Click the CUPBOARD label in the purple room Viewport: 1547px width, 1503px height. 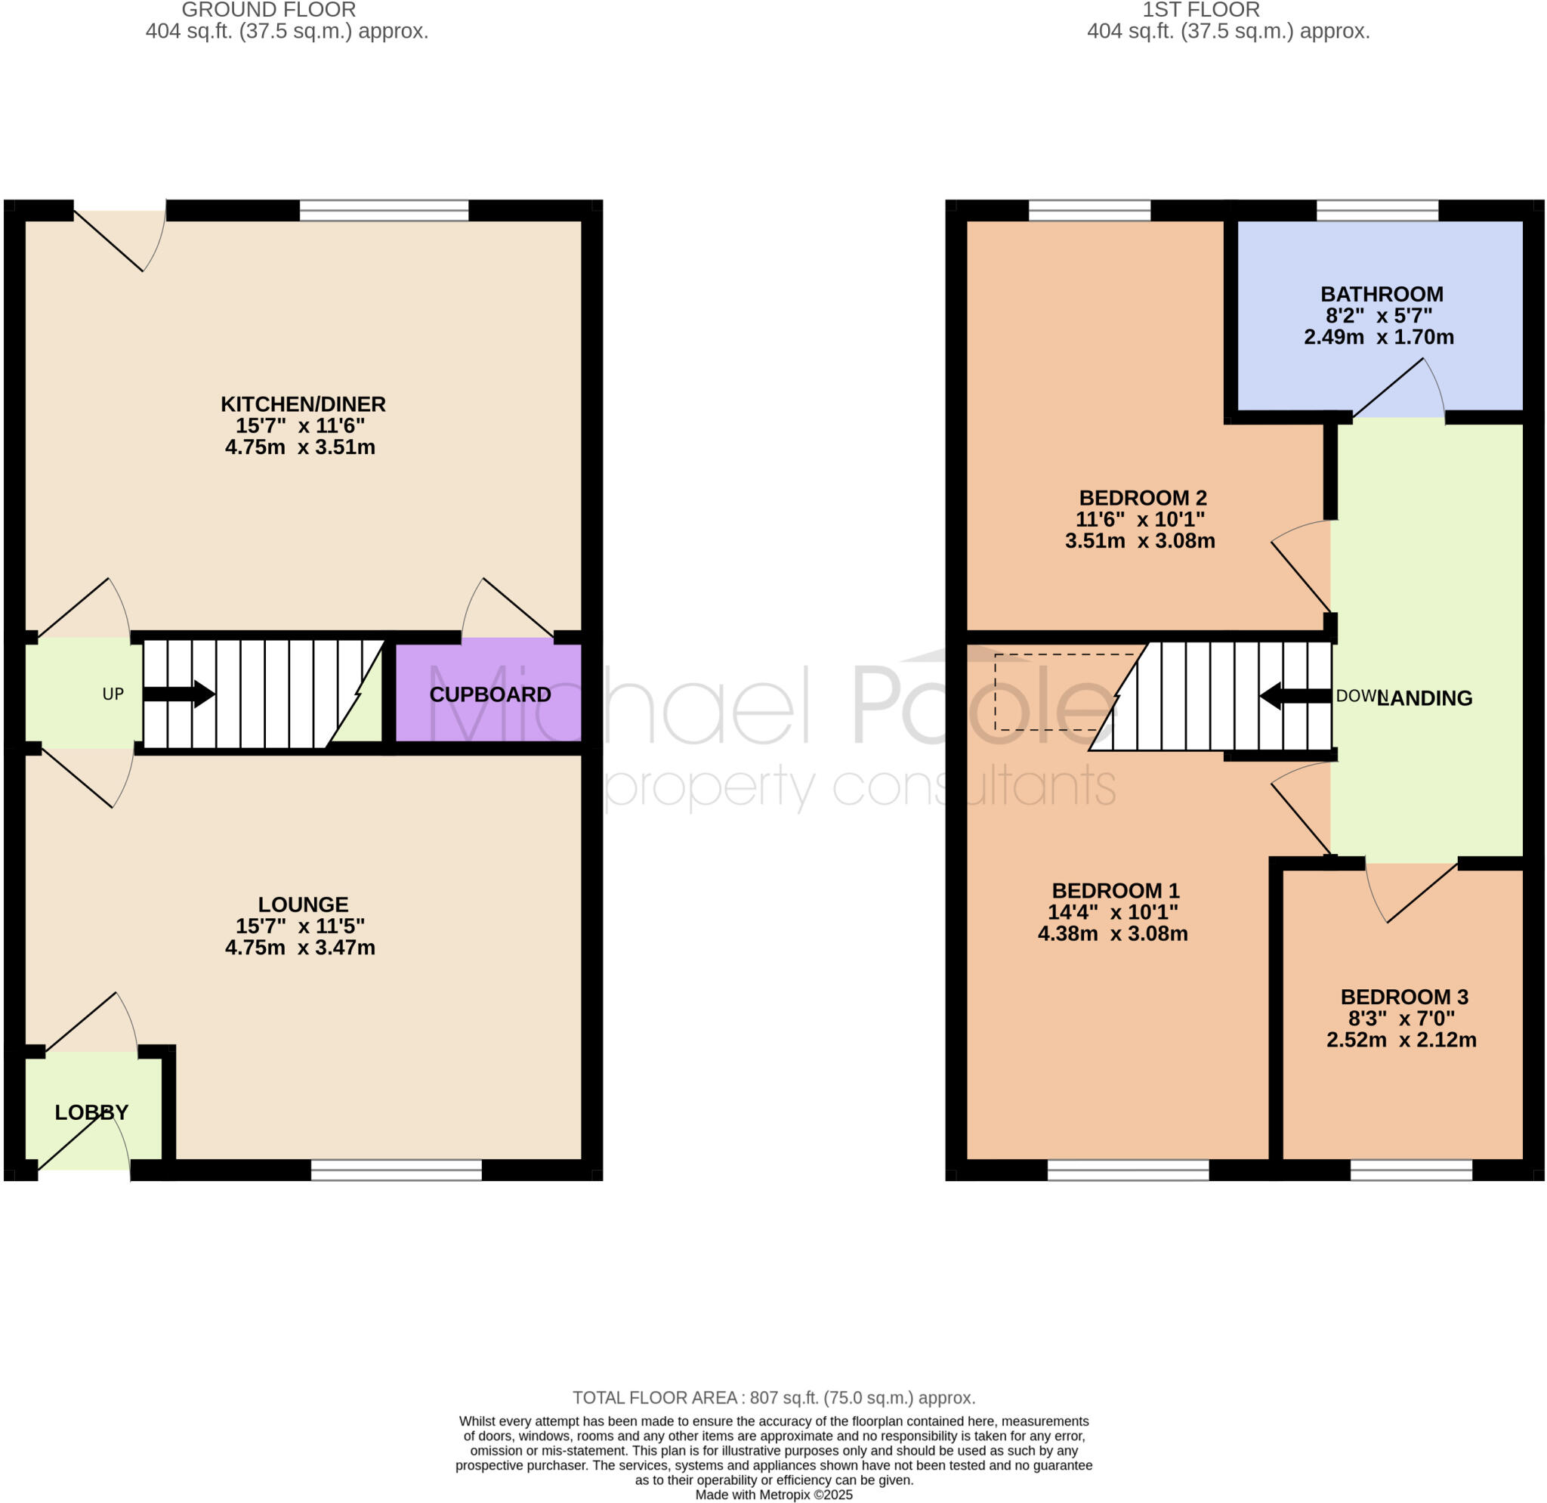489,694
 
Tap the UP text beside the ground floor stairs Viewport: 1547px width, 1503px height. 113,694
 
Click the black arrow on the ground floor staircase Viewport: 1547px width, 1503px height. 179,694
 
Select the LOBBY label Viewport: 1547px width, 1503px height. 91,1112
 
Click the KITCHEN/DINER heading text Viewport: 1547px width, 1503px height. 303,404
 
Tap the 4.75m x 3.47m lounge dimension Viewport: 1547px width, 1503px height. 300,948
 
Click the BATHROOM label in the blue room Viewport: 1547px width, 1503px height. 1382,295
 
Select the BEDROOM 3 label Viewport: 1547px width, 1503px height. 1404,997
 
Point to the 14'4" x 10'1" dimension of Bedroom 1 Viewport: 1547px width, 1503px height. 1112,913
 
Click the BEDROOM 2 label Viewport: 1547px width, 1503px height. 1143,498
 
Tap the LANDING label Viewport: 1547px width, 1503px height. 1425,697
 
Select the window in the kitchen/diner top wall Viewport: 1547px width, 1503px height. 384,211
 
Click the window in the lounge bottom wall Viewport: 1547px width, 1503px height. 397,1170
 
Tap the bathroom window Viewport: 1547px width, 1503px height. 1377,211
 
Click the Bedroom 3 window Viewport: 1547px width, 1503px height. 1411,1170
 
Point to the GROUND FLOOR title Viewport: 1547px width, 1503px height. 268,11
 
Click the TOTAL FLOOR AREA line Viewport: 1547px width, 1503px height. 773,1398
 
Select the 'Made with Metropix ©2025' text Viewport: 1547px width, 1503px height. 773,1495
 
